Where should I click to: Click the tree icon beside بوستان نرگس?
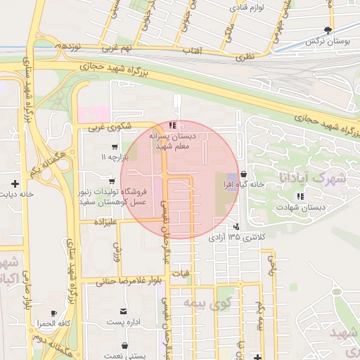328,30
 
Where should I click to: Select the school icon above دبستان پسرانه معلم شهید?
173,126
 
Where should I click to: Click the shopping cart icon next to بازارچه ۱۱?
114,147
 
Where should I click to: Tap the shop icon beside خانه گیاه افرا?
243,173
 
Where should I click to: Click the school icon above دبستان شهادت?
300,196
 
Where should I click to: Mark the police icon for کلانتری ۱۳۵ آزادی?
236,226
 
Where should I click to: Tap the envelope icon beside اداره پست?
124,311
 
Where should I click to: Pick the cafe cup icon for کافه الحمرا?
54,313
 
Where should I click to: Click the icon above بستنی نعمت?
125,345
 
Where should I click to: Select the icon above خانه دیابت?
14,184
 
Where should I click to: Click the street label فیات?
181,272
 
